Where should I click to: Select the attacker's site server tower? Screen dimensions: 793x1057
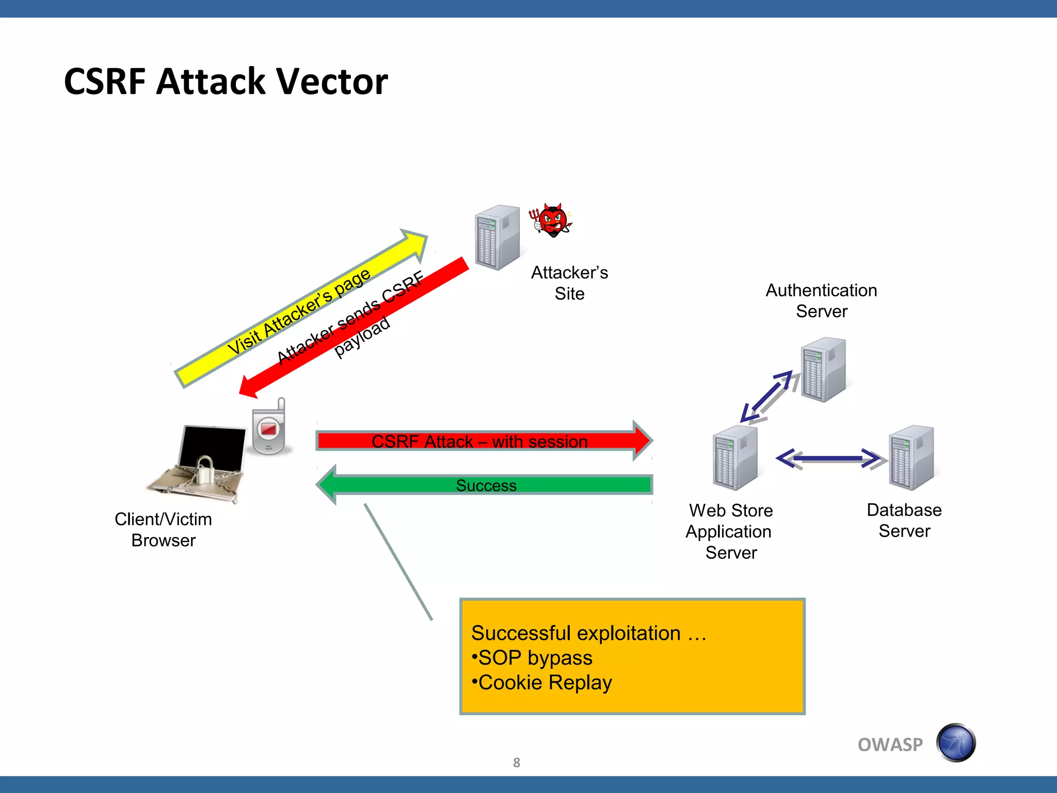pyautogui.click(x=497, y=237)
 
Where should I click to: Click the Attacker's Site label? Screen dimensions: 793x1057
pyautogui.click(x=569, y=282)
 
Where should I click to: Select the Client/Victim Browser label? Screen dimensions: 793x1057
pyautogui.click(x=163, y=529)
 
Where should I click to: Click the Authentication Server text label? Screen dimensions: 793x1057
pyautogui.click(x=821, y=300)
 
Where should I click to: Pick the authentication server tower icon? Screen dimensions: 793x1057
pyautogui.click(x=823, y=369)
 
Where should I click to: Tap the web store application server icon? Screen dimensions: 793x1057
pyautogui.click(x=735, y=457)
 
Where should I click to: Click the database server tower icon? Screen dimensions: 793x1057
pyautogui.click(x=911, y=457)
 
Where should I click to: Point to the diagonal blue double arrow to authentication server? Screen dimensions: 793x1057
pyautogui.click(x=767, y=396)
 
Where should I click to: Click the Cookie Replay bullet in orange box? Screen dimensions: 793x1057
pyautogui.click(x=544, y=683)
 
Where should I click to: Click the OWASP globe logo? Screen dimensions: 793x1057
pyautogui.click(x=955, y=743)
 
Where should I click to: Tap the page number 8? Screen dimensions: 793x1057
pyautogui.click(x=516, y=763)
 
